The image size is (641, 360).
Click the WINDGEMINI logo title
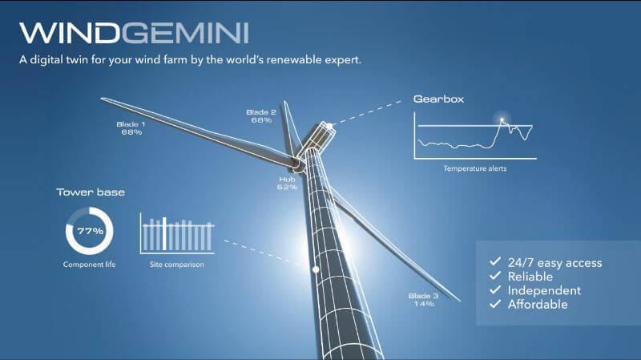coord(134,33)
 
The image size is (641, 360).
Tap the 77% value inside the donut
coord(91,231)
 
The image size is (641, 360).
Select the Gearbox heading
coord(438,99)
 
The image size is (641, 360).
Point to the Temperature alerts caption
coord(475,168)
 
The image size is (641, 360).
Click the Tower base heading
coord(91,192)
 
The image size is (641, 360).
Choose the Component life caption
coord(89,265)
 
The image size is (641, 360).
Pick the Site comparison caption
coord(176,265)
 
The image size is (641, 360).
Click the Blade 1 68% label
coord(131,128)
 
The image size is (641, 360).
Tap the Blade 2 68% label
coord(261,116)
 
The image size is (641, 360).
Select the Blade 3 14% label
coord(424,300)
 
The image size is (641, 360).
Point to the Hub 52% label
coord(287,184)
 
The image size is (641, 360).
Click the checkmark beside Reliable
coord(495,276)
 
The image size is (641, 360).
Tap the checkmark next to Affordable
coord(495,304)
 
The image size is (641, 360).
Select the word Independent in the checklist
coord(544,290)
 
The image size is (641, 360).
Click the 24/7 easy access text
coord(554,263)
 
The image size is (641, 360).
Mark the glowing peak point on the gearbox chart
coord(502,119)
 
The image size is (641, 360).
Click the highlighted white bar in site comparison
coord(164,233)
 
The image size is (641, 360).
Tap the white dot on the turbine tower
coord(316,269)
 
